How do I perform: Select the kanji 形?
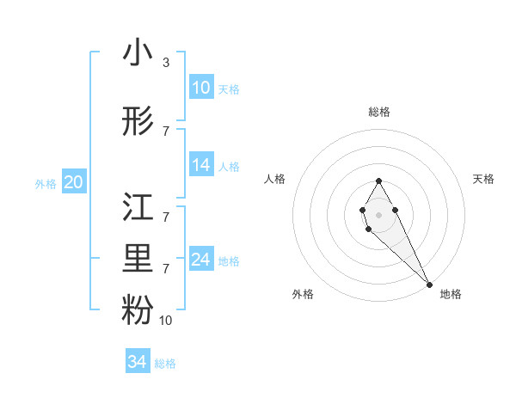[138, 122]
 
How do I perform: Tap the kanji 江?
[138, 209]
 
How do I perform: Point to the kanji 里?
[138, 260]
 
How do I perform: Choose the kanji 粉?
[138, 311]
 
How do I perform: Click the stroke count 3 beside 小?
[165, 63]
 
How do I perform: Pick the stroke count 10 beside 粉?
[167, 321]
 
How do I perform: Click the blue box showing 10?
[201, 88]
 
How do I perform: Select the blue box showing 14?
[201, 165]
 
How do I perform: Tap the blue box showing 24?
[201, 260]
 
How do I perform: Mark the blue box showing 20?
[74, 182]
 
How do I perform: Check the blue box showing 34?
[138, 362]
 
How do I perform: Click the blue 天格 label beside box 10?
[228, 89]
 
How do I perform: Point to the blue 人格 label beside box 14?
[228, 167]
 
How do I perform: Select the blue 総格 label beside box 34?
[165, 364]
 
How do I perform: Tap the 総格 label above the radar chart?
[379, 112]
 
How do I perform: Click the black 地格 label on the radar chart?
[451, 294]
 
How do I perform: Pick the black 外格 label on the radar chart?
[303, 294]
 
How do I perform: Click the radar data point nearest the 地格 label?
[429, 285]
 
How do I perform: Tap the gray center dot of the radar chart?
[378, 214]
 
